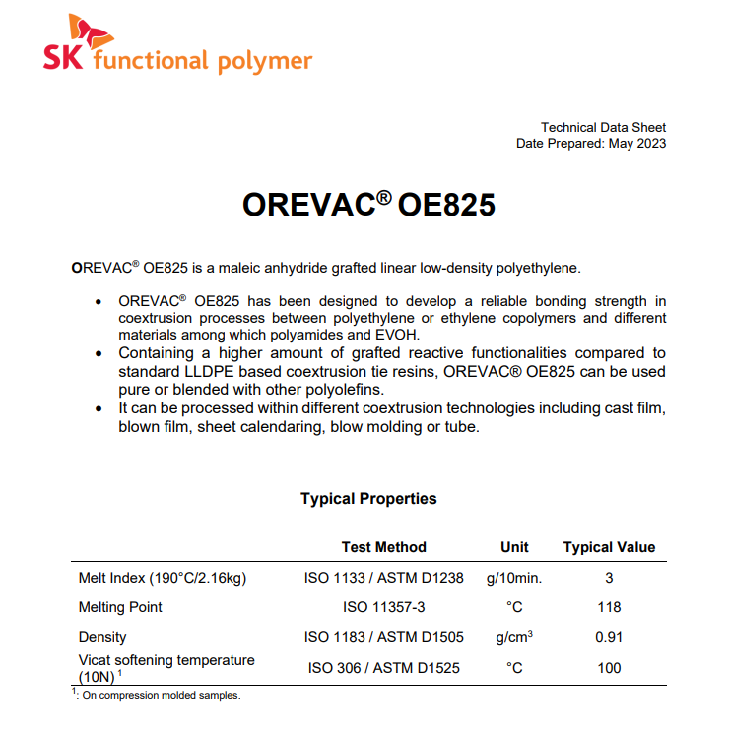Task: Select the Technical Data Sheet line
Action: [603, 127]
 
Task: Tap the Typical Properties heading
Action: [368, 499]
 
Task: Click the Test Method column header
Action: [384, 547]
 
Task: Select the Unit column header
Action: [514, 547]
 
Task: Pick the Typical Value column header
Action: [609, 547]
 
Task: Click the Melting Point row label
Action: [120, 607]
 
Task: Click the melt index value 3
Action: [610, 578]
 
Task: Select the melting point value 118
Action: [609, 607]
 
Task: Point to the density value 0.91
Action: [609, 637]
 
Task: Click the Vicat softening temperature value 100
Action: [609, 668]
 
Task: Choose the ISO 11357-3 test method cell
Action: [384, 607]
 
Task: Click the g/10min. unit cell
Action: [514, 578]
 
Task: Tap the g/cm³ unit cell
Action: [514, 637]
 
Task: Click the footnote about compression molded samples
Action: [158, 695]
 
